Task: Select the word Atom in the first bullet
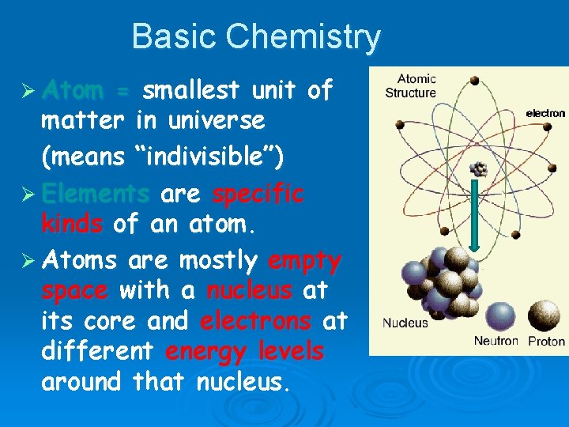73,91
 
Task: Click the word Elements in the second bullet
95,194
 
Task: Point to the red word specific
258,194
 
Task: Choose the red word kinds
72,224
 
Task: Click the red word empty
304,260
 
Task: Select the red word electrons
255,322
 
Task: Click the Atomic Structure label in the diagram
416,86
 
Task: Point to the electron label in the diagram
545,114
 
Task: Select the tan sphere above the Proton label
544,316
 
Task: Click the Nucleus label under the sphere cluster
405,323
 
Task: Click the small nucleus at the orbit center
478,168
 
